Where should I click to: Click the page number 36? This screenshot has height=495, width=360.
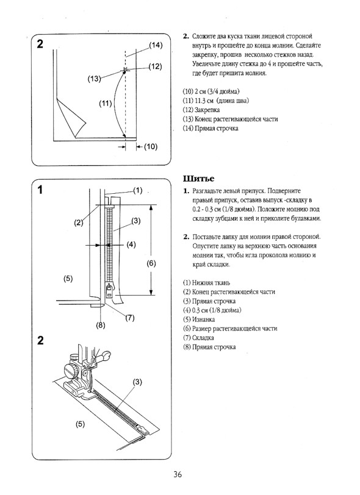click(x=178, y=474)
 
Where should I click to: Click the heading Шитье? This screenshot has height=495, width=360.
click(x=198, y=179)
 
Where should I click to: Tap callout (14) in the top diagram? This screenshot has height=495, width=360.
click(x=156, y=45)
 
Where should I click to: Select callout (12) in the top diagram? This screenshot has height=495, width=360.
click(x=155, y=66)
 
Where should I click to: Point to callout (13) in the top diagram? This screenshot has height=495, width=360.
click(x=94, y=79)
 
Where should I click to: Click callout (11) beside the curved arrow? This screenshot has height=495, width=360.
click(x=105, y=103)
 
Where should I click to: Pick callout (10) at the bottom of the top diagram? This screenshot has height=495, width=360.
click(x=151, y=146)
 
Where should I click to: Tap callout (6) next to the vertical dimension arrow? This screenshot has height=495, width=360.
click(x=151, y=263)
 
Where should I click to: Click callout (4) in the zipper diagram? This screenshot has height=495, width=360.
click(x=131, y=244)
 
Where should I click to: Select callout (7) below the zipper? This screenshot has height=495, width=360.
click(x=129, y=318)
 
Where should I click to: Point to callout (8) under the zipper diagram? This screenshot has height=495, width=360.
click(x=101, y=325)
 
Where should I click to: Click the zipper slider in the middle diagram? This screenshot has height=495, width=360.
click(x=109, y=290)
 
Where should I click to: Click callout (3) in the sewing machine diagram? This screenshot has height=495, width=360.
click(x=137, y=382)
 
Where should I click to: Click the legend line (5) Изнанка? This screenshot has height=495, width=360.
click(x=199, y=319)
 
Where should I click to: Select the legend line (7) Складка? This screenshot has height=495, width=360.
click(x=198, y=338)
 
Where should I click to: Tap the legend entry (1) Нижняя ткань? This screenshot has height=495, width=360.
click(x=206, y=283)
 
